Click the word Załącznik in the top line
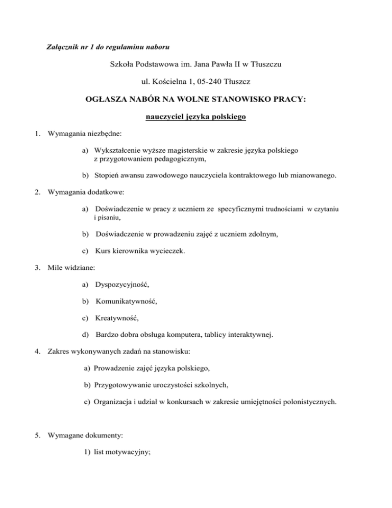pyautogui.click(x=62, y=48)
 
